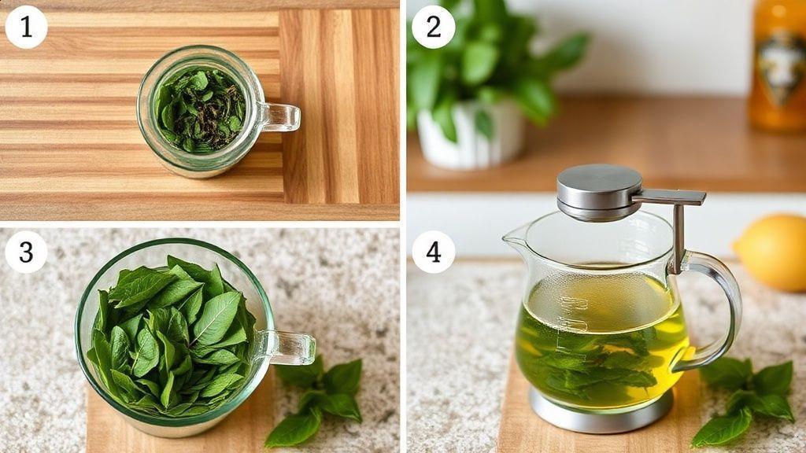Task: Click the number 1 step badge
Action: (x=26, y=28)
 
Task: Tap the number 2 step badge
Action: (x=434, y=28)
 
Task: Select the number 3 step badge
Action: (x=26, y=252)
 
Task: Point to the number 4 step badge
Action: (x=434, y=252)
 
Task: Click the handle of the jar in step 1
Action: (x=279, y=117)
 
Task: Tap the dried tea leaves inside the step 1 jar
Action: (x=201, y=110)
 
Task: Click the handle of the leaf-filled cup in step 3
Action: (x=290, y=348)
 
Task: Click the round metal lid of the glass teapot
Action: (x=599, y=192)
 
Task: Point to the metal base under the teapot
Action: (x=601, y=411)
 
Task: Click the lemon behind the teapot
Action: (x=771, y=252)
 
